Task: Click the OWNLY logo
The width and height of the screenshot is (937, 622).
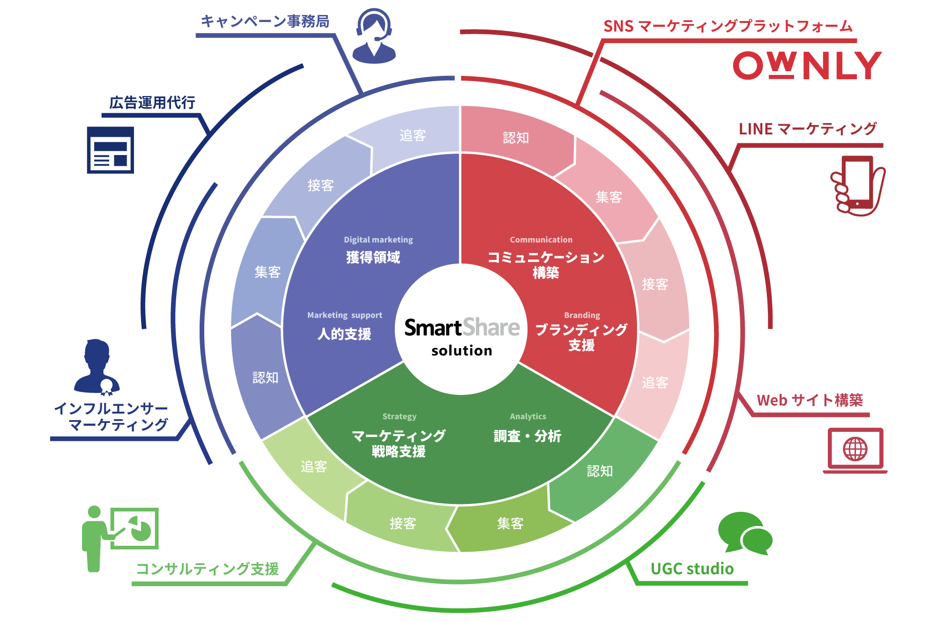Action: tap(807, 66)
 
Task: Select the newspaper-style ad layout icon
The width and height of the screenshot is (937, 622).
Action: tap(111, 150)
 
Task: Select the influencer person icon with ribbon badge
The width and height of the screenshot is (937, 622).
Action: tap(97, 367)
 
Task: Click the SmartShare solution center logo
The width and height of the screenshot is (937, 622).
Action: tap(462, 335)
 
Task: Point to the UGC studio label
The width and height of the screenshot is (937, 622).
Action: tap(692, 569)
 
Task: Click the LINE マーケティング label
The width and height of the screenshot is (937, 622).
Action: tap(807, 129)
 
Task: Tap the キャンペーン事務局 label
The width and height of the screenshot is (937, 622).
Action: tap(265, 22)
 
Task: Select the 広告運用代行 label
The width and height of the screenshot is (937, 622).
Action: tap(152, 103)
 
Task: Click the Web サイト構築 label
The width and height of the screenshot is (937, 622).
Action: tap(810, 400)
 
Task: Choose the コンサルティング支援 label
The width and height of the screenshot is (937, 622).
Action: tap(207, 569)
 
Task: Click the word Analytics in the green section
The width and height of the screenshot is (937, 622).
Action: tap(528, 416)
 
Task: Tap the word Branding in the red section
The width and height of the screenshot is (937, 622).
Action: tap(582, 315)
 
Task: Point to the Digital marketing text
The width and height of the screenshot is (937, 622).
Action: tap(379, 240)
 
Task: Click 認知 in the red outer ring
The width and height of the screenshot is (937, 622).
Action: tap(516, 138)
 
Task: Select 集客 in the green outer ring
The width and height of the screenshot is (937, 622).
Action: tap(510, 523)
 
